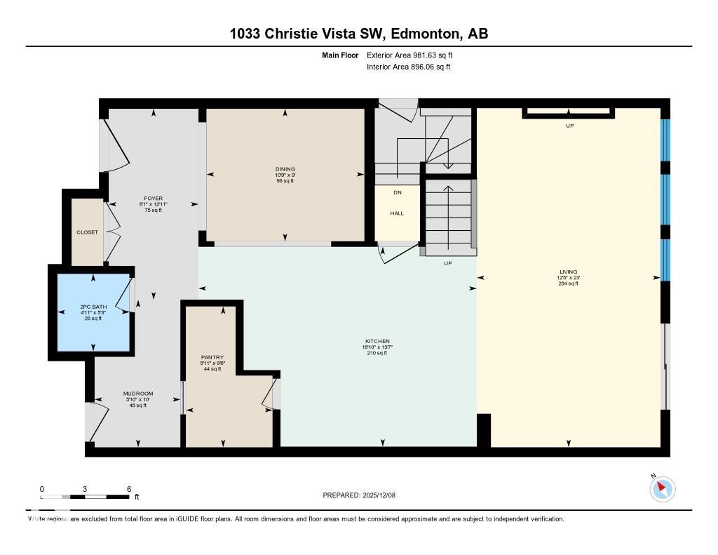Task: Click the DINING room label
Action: pos(285,169)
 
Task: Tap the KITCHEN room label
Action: pos(377,341)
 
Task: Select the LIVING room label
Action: pos(568,272)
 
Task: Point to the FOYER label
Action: pos(153,199)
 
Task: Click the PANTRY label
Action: pos(211,357)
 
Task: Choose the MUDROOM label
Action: pos(137,394)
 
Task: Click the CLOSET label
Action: pos(88,232)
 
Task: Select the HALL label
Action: pos(397,213)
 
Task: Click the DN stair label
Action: pos(397,192)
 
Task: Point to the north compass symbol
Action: pos(662,488)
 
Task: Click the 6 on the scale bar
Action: pos(128,488)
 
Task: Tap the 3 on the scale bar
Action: pos(85,488)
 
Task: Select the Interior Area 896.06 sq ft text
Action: pos(408,67)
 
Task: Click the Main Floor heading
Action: pos(341,55)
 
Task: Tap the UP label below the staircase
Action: pos(447,263)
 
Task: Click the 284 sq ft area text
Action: pos(568,283)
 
